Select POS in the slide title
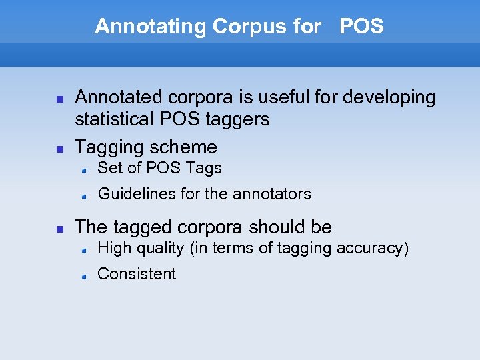pyautogui.click(x=361, y=27)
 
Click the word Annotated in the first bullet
pyautogui.click(x=119, y=97)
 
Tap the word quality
pyautogui.click(x=159, y=249)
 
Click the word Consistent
pyautogui.click(x=137, y=274)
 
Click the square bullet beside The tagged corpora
pyautogui.click(x=59, y=228)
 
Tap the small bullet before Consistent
pyautogui.click(x=85, y=275)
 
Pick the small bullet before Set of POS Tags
pyautogui.click(x=85, y=170)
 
